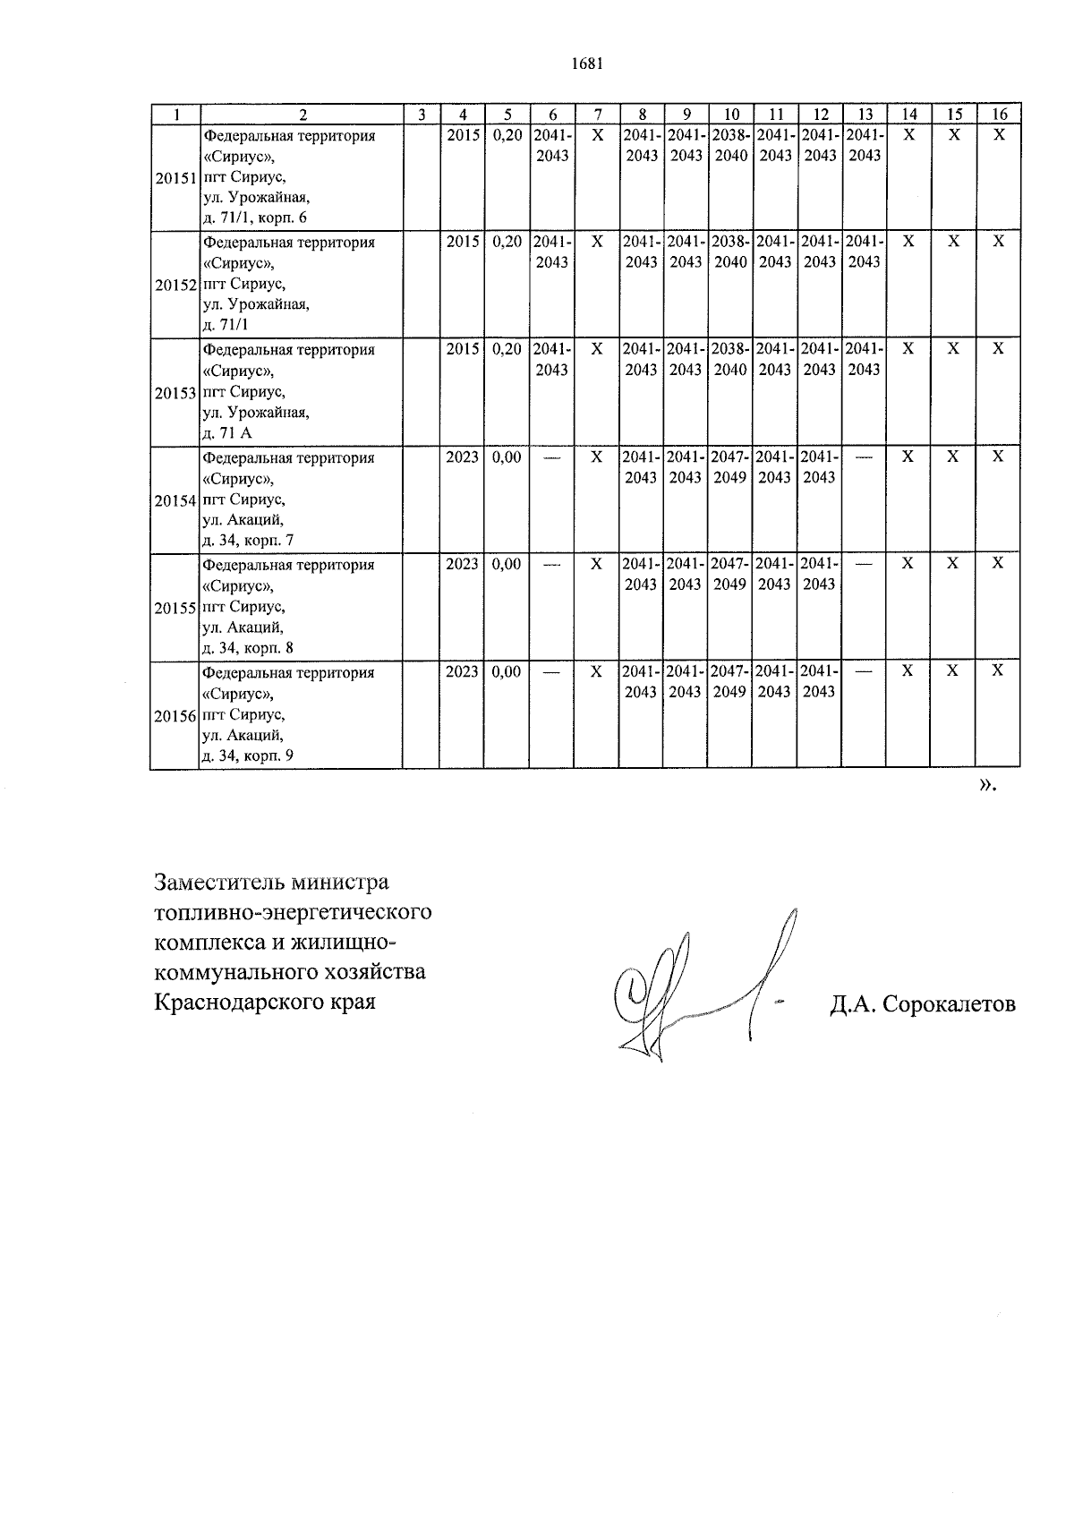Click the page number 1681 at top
point(587,64)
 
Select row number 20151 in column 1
point(174,177)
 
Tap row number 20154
point(174,499)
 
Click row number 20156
point(174,715)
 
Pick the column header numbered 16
point(1000,115)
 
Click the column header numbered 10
point(731,115)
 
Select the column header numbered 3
point(421,115)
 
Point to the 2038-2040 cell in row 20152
point(730,252)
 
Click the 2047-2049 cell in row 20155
point(730,574)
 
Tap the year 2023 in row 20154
point(462,457)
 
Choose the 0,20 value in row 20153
point(507,349)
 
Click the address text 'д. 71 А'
point(227,433)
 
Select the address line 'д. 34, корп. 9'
point(248,755)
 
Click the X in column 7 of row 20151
point(597,135)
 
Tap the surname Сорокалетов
point(949,1004)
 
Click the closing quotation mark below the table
point(987,785)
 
